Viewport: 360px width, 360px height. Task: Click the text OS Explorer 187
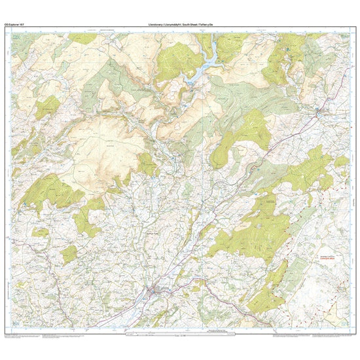pos(14,24)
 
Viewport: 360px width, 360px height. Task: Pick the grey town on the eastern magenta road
pos(318,113)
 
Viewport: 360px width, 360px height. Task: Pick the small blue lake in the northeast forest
pos(289,49)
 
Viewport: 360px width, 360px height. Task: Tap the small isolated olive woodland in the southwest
pos(69,254)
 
